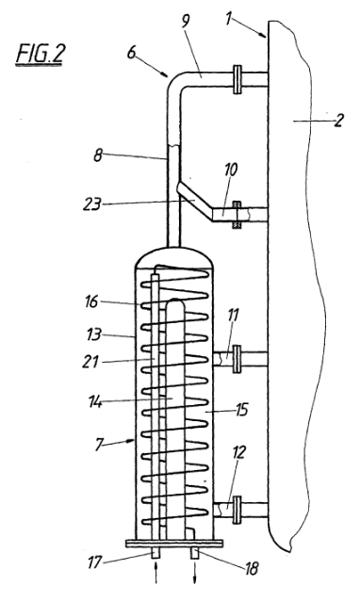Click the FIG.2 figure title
[39, 55]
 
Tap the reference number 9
[186, 21]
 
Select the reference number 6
[131, 52]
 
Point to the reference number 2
[338, 121]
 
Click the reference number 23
[92, 204]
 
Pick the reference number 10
[231, 171]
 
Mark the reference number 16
[91, 301]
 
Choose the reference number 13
[92, 334]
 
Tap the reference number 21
[90, 362]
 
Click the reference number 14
[93, 402]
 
